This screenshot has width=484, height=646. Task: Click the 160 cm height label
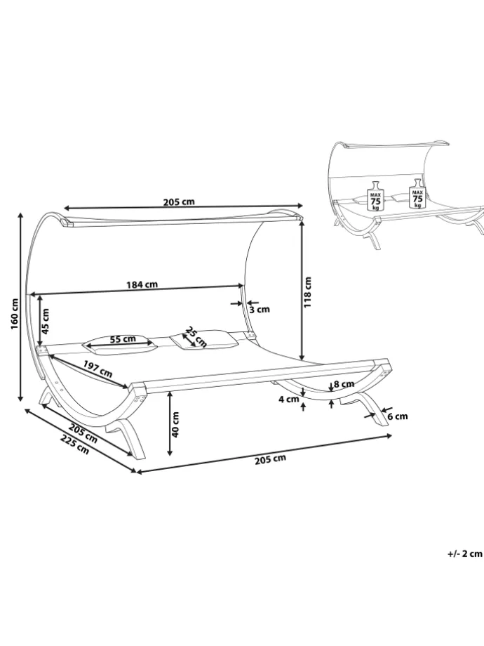click(x=15, y=314)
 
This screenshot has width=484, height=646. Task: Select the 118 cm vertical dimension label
click(x=307, y=291)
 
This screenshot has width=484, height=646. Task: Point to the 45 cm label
click(x=46, y=321)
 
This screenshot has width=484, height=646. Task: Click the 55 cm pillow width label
click(x=123, y=339)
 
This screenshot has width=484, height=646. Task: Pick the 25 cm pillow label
click(x=195, y=336)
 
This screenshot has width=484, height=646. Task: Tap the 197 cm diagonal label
click(x=98, y=369)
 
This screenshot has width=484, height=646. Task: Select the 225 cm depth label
click(x=75, y=444)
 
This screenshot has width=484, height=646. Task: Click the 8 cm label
click(x=344, y=384)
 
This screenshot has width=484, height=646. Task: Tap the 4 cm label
click(x=288, y=399)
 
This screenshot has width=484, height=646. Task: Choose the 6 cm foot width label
click(x=398, y=416)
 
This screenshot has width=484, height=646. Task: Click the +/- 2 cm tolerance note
click(x=464, y=554)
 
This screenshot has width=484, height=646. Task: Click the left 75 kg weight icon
click(x=375, y=196)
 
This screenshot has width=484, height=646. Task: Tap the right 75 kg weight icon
click(x=417, y=194)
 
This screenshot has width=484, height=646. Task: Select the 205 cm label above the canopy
click(x=179, y=202)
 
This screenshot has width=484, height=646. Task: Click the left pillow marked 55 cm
click(x=119, y=345)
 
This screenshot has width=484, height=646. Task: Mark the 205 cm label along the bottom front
click(x=270, y=459)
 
